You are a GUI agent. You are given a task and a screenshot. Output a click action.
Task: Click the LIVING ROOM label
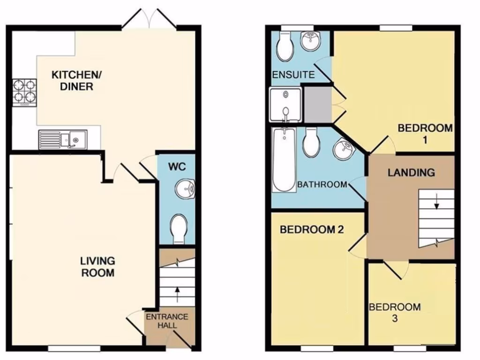point(97,266)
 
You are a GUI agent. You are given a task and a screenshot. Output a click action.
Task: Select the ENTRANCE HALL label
point(167,321)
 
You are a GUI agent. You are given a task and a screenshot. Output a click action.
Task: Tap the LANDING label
point(411,172)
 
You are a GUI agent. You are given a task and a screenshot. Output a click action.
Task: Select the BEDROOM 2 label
point(312,230)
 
